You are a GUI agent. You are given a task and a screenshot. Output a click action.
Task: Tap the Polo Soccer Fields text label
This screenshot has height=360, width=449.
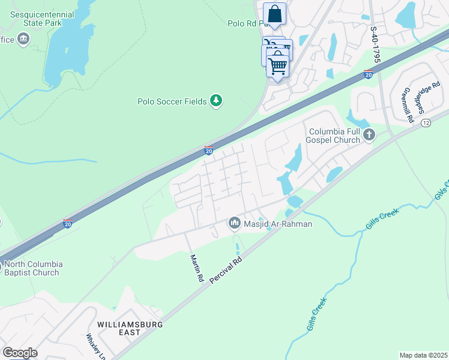tap(172, 101)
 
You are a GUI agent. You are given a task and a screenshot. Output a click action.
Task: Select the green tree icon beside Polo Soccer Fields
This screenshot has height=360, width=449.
tap(216, 101)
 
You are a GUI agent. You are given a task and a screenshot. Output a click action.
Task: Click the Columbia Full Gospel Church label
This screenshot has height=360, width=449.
tap(334, 136)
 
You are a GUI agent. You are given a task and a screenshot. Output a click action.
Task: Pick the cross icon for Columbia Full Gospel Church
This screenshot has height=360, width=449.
tap(369, 135)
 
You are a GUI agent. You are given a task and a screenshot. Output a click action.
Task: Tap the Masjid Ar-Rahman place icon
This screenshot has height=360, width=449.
tap(234, 223)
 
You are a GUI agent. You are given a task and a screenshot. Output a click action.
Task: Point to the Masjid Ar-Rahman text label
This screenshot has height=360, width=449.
tap(278, 224)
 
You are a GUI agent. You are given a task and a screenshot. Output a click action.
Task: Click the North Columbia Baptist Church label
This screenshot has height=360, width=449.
tap(31, 268)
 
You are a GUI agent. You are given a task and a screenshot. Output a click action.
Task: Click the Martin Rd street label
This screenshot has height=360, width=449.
tap(196, 268)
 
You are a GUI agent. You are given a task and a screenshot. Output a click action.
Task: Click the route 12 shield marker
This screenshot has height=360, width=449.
tap(426, 122)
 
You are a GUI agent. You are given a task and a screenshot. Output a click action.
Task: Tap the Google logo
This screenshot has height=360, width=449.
tap(20, 353)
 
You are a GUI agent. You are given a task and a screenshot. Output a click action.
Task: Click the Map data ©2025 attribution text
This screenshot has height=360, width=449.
tap(423, 355)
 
